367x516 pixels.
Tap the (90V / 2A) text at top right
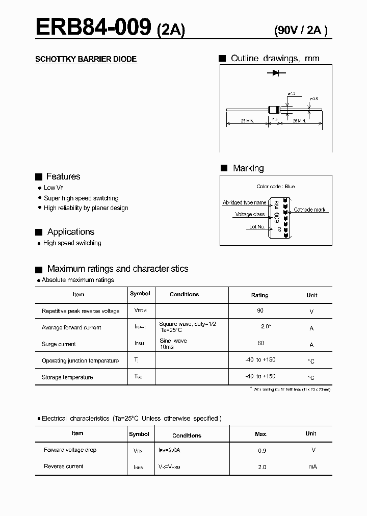pyautogui.click(x=301, y=30)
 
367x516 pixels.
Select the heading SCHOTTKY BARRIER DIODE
pyautogui.click(x=86, y=59)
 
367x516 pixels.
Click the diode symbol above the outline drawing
pyautogui.click(x=276, y=73)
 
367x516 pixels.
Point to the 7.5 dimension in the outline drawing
pyautogui.click(x=275, y=119)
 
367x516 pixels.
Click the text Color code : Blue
pyautogui.click(x=275, y=187)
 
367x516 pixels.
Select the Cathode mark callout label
pyautogui.click(x=309, y=210)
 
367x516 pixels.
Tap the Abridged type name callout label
pyautogui.click(x=244, y=202)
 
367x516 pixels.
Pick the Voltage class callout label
pyautogui.click(x=250, y=215)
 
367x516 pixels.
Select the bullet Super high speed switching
pyautogui.click(x=81, y=198)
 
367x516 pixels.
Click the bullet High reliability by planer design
pyautogui.click(x=86, y=208)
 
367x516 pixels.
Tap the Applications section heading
pyautogui.click(x=70, y=231)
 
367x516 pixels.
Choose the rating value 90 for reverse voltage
pyautogui.click(x=260, y=311)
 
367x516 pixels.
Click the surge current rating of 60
pyautogui.click(x=260, y=344)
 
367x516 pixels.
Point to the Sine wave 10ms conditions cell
pyautogui.click(x=173, y=344)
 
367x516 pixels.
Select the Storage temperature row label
pyautogui.click(x=67, y=377)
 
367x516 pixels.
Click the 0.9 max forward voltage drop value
pyautogui.click(x=262, y=451)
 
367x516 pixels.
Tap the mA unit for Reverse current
pyautogui.click(x=312, y=467)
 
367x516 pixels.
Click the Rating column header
pyautogui.click(x=260, y=295)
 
